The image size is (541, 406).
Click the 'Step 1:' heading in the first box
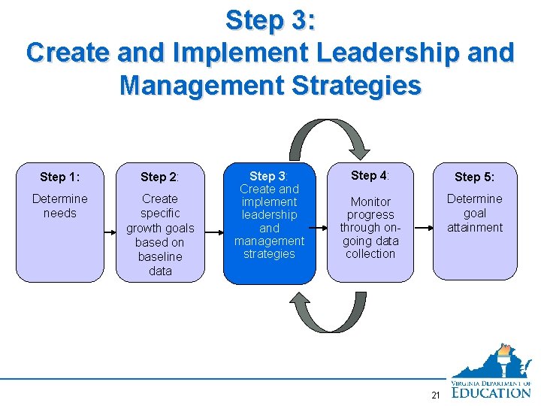coord(59,177)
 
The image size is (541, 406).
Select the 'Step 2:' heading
coord(159,177)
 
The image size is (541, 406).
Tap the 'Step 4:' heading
coord(370,175)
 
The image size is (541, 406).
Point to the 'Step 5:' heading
coord(474,177)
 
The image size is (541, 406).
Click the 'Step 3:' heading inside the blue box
coord(269,176)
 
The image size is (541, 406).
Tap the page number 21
coord(435,395)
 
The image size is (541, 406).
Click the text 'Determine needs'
coord(59,206)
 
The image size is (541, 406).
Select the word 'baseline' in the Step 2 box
coord(160,256)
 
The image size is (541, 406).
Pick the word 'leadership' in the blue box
coord(269,215)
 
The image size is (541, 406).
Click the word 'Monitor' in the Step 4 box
coord(370,201)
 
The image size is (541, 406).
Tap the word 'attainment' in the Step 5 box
coord(475,227)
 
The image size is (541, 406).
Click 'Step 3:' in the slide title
coord(270,20)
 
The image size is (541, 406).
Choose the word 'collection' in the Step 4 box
coord(370,253)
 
